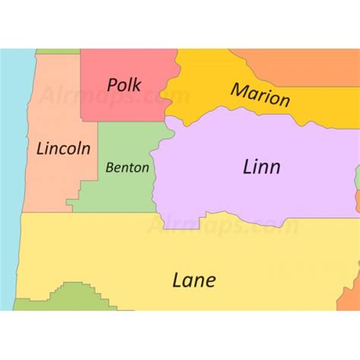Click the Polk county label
point(126,84)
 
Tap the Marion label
point(261,96)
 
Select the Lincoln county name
point(64,148)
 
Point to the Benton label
point(127,167)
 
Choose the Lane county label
point(194,279)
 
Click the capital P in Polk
point(112,84)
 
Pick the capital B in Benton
point(110,167)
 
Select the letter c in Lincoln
point(67,149)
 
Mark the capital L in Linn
point(248,166)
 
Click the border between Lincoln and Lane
point(46,213)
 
